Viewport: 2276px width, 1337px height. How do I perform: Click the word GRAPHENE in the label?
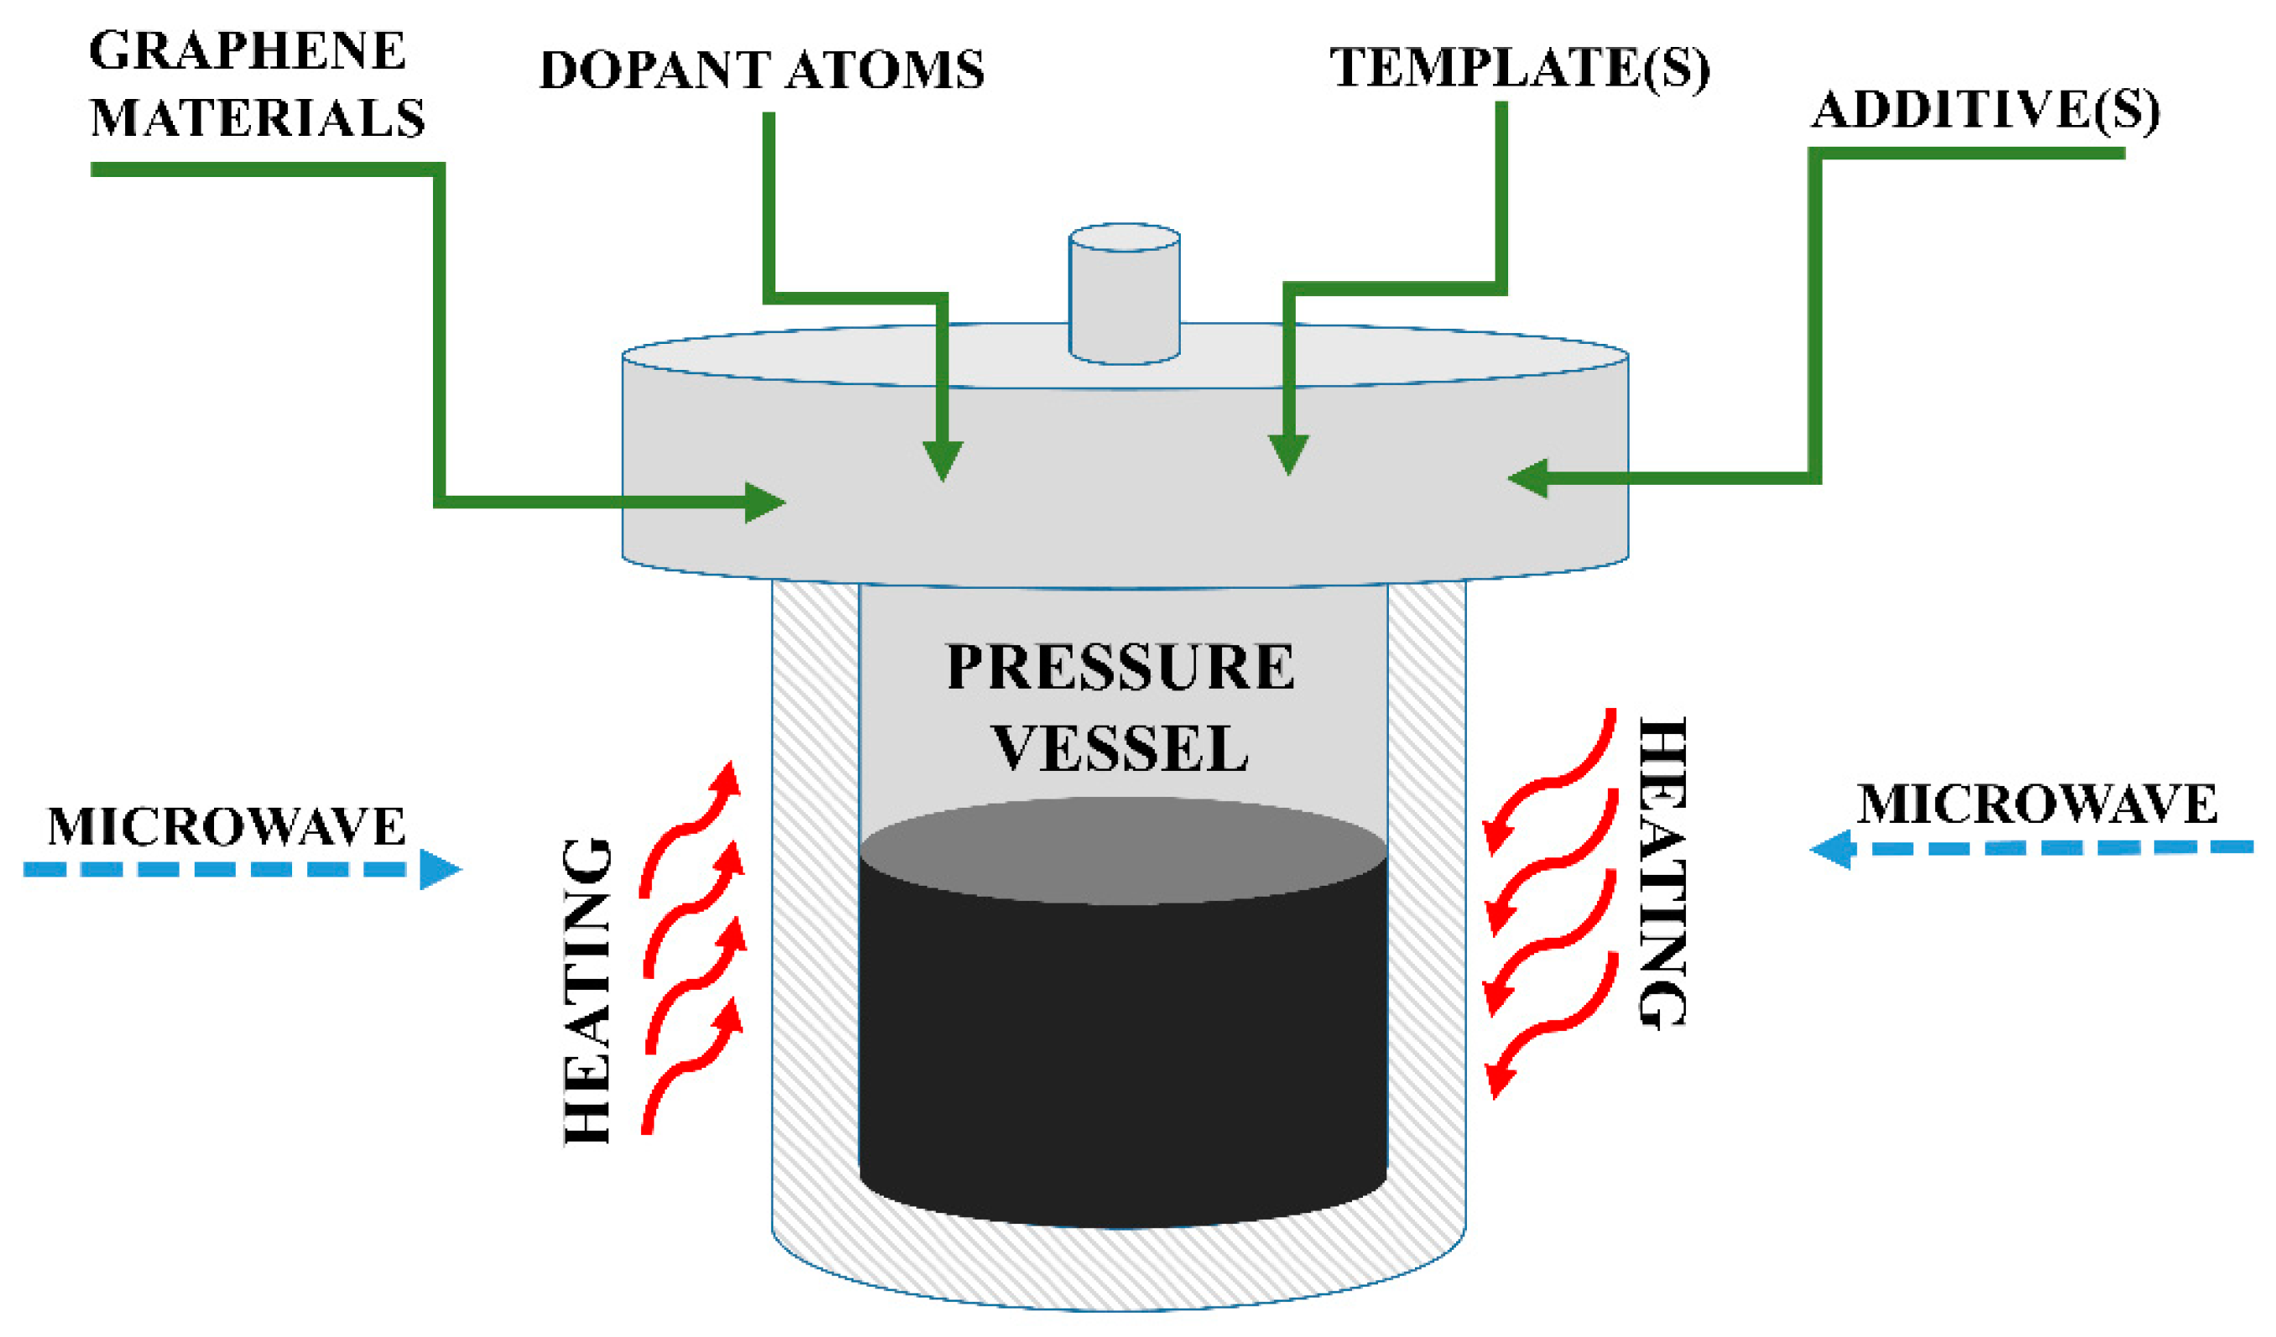tap(247, 50)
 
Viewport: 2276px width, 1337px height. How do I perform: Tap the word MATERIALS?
tap(258, 118)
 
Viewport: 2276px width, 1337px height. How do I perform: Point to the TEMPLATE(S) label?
tap(1519, 68)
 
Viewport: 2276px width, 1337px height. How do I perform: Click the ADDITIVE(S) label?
tap(1985, 111)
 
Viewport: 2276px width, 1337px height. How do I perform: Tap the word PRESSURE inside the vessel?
tap(1120, 668)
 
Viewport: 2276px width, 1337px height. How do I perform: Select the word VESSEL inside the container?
tap(1120, 748)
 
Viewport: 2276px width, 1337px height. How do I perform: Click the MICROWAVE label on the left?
tap(226, 827)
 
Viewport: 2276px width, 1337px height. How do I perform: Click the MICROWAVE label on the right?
tap(2037, 804)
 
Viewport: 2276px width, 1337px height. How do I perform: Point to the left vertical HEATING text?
tap(587, 991)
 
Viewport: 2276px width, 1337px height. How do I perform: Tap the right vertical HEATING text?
tap(1662, 872)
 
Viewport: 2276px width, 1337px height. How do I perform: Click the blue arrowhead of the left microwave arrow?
tap(439, 869)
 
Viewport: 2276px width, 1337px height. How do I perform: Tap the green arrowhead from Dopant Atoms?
tap(942, 460)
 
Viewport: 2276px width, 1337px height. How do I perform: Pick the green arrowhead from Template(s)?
tap(1288, 453)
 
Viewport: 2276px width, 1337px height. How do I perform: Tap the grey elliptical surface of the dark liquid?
tap(1123, 849)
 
